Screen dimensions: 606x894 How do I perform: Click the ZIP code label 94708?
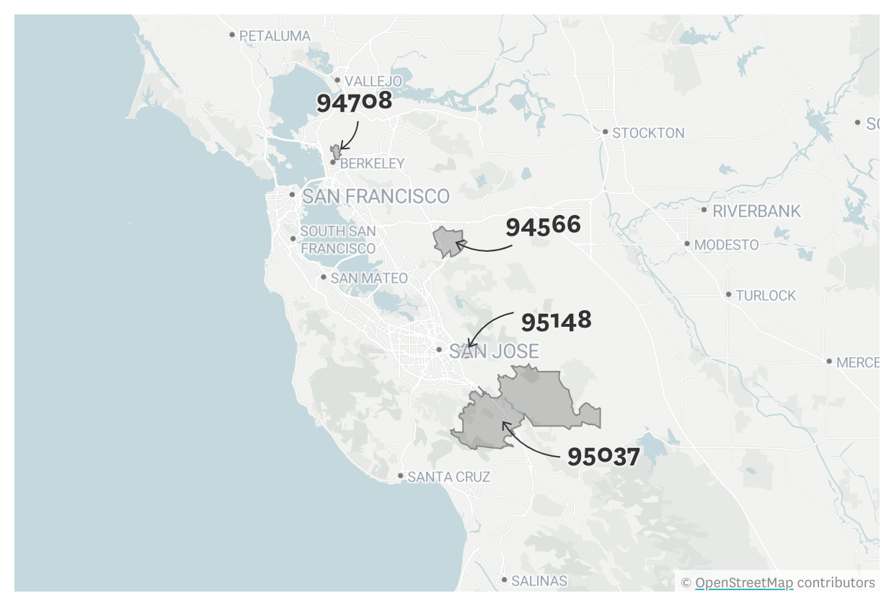(x=354, y=101)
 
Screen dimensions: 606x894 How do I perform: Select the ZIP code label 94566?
(x=543, y=227)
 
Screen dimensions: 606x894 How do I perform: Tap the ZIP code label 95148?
(x=556, y=321)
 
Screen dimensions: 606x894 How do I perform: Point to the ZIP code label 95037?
(x=603, y=457)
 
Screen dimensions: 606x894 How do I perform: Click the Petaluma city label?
(x=275, y=35)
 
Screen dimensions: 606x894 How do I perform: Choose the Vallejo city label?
(x=373, y=81)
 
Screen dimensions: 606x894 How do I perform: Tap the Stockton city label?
(x=648, y=133)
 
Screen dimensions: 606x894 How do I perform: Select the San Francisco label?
(x=376, y=196)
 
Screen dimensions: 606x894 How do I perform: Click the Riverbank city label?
(x=756, y=211)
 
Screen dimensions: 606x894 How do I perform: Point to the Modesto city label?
(x=726, y=245)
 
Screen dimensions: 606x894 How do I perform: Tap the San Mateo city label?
(x=369, y=278)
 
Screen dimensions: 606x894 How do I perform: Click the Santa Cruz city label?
(x=448, y=477)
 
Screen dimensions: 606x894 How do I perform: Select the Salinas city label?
(x=539, y=580)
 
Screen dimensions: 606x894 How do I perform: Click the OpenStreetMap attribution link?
(x=744, y=583)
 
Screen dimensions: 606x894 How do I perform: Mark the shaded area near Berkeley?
(x=335, y=152)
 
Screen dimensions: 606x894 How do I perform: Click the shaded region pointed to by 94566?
(x=447, y=240)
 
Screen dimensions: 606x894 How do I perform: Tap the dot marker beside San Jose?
(x=439, y=350)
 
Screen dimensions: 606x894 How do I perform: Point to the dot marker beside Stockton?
(x=606, y=132)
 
